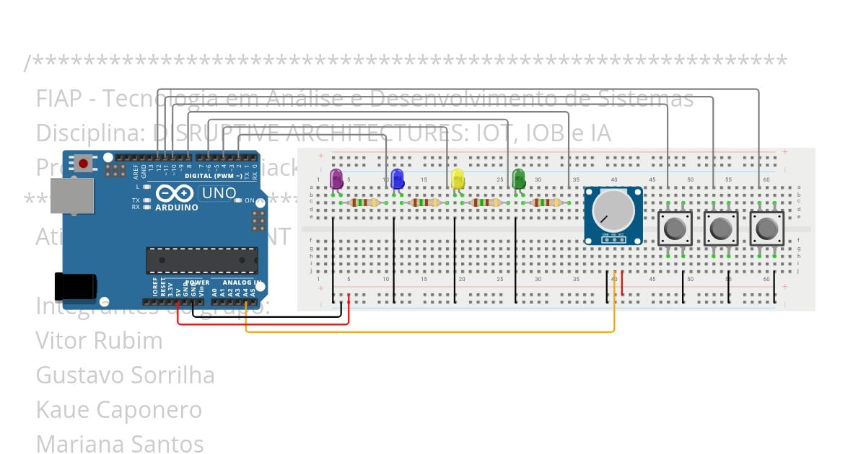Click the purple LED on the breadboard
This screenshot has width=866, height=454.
[x=336, y=177]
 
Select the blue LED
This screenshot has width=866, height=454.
[x=397, y=178]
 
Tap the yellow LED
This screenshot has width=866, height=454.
[x=458, y=178]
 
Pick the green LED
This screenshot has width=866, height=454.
[x=518, y=178]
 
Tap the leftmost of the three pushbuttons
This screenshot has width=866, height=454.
[x=675, y=229]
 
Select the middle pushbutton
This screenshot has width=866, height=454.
[x=721, y=229]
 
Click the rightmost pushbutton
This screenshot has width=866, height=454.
[x=766, y=229]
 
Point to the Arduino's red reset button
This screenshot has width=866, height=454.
[x=84, y=164]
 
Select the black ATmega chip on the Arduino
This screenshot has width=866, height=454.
[x=202, y=260]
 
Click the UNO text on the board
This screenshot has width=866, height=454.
[x=218, y=193]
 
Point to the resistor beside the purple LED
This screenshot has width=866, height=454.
[x=364, y=202]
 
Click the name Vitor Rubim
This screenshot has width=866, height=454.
[x=99, y=340]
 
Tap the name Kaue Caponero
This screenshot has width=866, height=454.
[x=118, y=409]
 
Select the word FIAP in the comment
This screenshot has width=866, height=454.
[x=57, y=98]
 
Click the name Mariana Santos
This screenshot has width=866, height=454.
[x=119, y=443]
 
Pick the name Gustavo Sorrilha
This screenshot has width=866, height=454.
[x=125, y=375]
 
